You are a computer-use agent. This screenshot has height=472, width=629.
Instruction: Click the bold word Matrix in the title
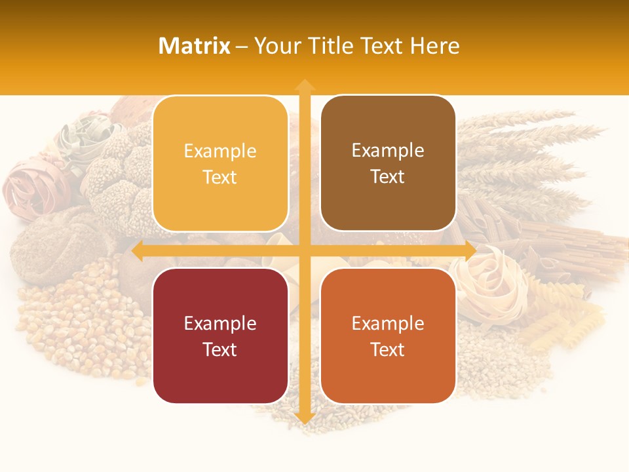[195, 46]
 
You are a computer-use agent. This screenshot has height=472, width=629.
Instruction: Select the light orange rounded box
[220, 163]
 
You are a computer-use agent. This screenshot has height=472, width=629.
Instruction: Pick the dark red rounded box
[220, 336]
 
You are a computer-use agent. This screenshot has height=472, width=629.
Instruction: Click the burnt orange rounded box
[388, 336]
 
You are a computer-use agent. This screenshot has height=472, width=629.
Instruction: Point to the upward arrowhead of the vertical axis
[304, 85]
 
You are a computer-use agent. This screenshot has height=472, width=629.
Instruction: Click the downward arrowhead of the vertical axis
[304, 418]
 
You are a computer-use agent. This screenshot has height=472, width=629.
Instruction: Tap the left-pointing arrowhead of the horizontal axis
[138, 250]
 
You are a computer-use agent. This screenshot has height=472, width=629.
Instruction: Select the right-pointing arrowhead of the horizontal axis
[470, 250]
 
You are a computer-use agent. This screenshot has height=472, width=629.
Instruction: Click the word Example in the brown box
[388, 150]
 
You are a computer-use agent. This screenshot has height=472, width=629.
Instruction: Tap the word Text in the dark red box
[220, 349]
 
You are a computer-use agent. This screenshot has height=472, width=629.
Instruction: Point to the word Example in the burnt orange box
[388, 323]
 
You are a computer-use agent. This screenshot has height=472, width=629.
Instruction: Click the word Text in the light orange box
[220, 177]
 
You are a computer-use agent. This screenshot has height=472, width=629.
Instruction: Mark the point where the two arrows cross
[304, 250]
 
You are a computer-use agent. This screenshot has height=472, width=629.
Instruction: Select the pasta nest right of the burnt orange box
[495, 282]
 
